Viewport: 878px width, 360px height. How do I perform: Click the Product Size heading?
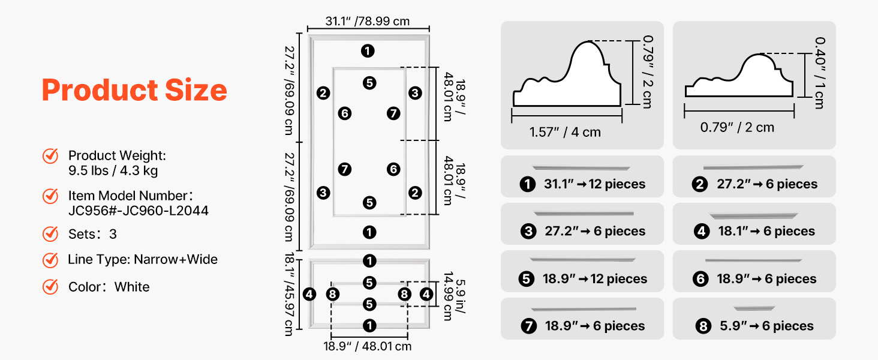click(134, 90)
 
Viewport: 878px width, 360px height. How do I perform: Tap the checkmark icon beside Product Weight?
click(50, 156)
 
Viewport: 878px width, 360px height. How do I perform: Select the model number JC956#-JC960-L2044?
click(139, 211)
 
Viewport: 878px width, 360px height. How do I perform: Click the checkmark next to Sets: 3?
click(50, 234)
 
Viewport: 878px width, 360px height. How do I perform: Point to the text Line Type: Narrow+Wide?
click(143, 260)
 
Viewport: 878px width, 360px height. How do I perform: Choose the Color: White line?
click(109, 287)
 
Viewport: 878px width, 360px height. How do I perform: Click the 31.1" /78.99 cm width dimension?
click(368, 22)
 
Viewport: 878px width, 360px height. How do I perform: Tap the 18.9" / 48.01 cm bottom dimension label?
click(368, 346)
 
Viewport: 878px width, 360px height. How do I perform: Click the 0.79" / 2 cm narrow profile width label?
click(729, 127)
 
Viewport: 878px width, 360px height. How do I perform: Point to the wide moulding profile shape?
click(567, 75)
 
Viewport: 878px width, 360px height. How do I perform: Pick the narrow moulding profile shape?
click(739, 77)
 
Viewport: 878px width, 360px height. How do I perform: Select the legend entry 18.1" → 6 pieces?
click(766, 232)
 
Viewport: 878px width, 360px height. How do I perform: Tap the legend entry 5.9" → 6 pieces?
click(766, 326)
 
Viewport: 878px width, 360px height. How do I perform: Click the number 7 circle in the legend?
click(528, 326)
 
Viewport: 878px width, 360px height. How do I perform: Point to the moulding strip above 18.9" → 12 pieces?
click(583, 260)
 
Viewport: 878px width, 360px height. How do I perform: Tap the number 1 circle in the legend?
click(528, 184)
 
